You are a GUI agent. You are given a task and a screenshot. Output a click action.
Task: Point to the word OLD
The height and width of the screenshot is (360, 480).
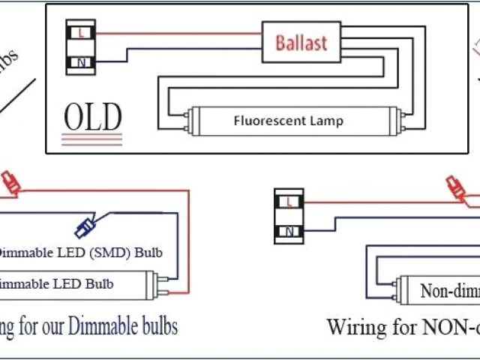[x=92, y=117]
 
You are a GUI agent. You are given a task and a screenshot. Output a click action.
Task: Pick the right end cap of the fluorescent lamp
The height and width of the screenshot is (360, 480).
[x=397, y=119]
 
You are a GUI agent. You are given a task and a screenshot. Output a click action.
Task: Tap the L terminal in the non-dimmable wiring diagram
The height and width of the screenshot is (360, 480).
[x=289, y=201]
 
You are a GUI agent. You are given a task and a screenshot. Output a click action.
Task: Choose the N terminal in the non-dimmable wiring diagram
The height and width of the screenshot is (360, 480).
[x=289, y=230]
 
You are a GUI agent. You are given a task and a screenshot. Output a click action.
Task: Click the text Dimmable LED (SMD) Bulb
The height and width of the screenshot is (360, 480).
[x=79, y=252]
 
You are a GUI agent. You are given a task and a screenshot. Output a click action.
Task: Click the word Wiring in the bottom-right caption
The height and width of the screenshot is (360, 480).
[x=356, y=327]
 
